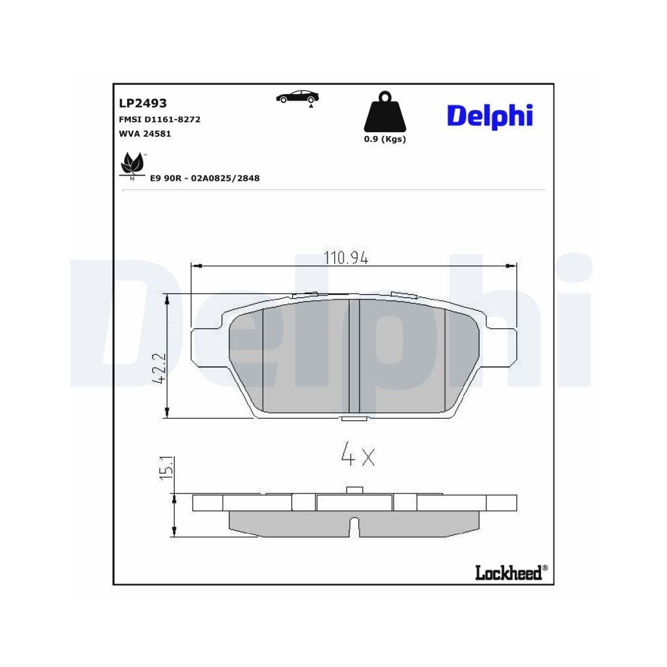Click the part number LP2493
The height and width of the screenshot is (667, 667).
[x=143, y=103]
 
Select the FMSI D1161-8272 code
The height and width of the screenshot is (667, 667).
[x=159, y=119]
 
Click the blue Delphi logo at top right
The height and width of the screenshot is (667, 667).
[x=490, y=115]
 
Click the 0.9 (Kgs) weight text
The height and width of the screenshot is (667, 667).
[x=384, y=139]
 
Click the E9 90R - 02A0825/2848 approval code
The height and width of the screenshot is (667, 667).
[x=205, y=178]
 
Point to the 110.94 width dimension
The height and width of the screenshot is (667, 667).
[x=346, y=257]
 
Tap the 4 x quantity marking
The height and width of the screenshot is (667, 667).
[x=358, y=456]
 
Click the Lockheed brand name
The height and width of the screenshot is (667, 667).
[x=508, y=572]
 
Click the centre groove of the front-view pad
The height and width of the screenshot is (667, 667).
[x=354, y=357]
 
